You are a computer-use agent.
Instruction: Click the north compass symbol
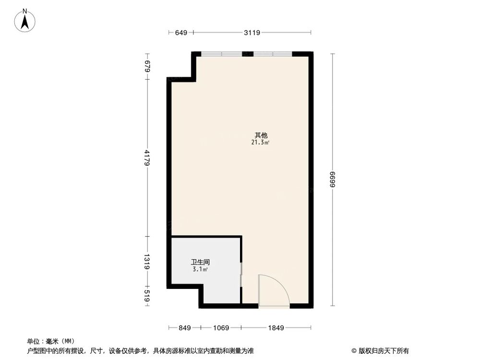tap(25, 21)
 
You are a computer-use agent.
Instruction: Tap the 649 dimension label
tap(180, 33)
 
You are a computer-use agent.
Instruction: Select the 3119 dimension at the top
tap(252, 33)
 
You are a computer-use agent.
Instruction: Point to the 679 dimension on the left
tap(147, 65)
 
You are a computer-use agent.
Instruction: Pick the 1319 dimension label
tap(147, 261)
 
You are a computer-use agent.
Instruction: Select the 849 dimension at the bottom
tap(184, 328)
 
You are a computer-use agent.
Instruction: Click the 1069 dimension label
tap(221, 328)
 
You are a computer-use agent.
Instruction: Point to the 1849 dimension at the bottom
tap(276, 328)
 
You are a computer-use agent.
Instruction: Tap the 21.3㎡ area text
tap(260, 143)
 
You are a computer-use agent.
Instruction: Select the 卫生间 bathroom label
tap(200, 263)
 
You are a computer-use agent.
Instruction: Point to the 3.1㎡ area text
tap(200, 270)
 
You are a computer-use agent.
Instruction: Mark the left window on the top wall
tap(221, 54)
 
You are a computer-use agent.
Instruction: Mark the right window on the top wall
tap(273, 54)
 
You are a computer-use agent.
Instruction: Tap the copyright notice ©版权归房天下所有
tap(380, 350)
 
